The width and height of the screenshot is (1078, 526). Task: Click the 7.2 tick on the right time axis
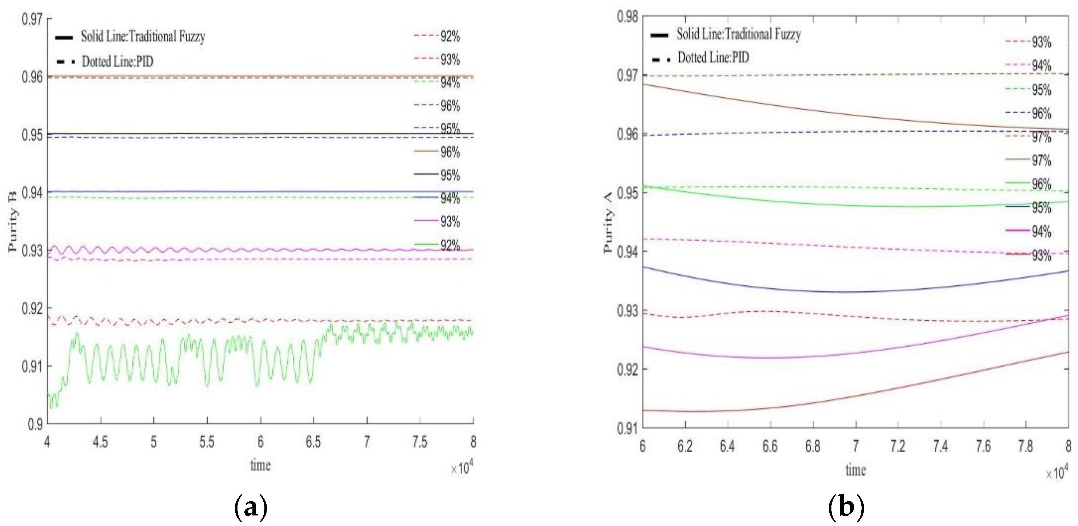click(x=898, y=446)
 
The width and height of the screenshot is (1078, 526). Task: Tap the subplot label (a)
click(x=251, y=507)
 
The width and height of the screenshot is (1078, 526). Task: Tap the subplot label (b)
click(x=846, y=507)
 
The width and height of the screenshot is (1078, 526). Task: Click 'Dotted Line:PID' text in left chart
click(x=117, y=62)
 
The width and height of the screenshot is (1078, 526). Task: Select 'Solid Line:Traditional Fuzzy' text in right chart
click(x=739, y=34)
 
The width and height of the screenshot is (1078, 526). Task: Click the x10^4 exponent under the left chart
click(x=462, y=468)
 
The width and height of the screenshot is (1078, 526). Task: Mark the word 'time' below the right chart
click(x=855, y=470)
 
